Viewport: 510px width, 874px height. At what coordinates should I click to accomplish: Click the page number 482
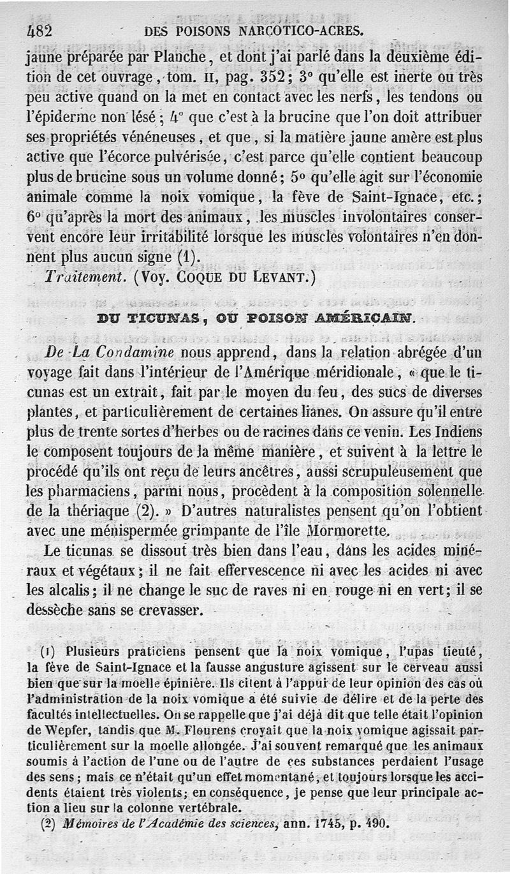pyautogui.click(x=40, y=30)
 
